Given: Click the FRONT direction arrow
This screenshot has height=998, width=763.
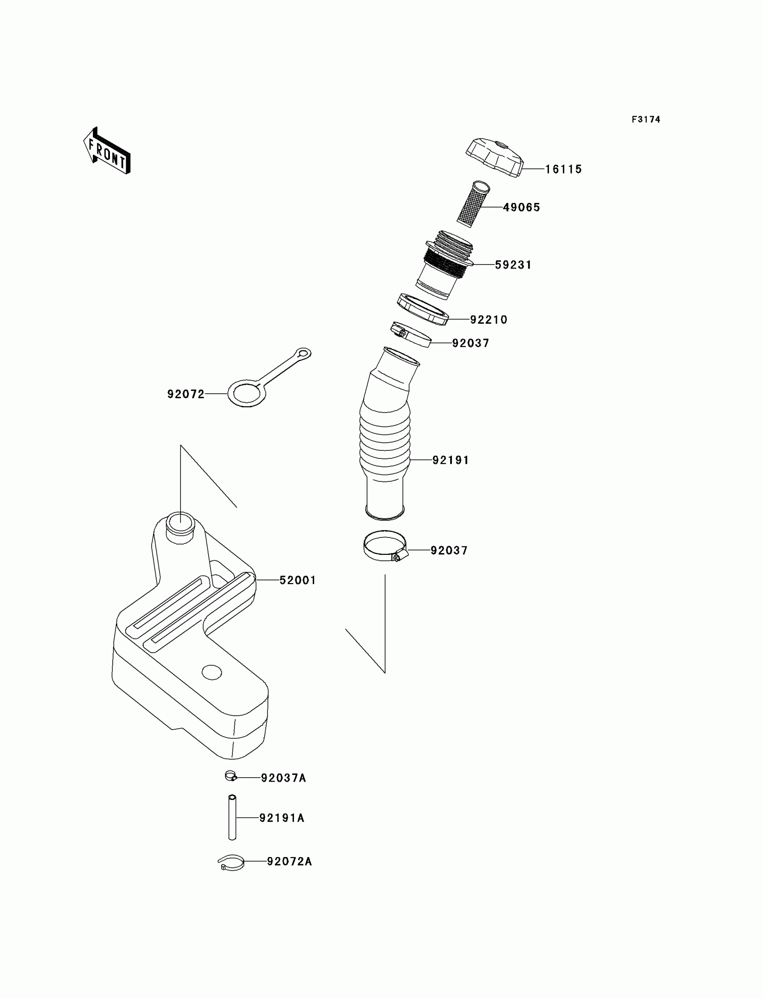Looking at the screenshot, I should pyautogui.click(x=107, y=151).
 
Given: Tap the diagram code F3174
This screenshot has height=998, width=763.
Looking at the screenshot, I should pyautogui.click(x=645, y=119).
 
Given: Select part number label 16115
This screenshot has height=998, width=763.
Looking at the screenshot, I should pyautogui.click(x=563, y=169).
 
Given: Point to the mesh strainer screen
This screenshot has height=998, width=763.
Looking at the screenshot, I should pyautogui.click(x=473, y=204).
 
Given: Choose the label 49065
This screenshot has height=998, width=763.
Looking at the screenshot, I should pyautogui.click(x=522, y=207).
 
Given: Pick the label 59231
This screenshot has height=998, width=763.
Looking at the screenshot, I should pyautogui.click(x=513, y=265).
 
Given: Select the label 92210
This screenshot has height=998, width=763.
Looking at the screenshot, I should pyautogui.click(x=489, y=320).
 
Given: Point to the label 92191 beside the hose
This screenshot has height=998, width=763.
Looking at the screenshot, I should pyautogui.click(x=451, y=460).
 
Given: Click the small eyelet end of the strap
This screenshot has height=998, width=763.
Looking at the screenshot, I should pyautogui.click(x=303, y=353).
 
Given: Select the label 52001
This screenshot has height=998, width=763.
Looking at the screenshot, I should pyautogui.click(x=298, y=580).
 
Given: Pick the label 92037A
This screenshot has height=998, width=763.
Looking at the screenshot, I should pyautogui.click(x=283, y=778).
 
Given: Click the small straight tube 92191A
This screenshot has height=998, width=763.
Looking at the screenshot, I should pyautogui.click(x=232, y=818).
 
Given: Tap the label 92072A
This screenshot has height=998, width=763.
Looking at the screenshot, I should pyautogui.click(x=289, y=862).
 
